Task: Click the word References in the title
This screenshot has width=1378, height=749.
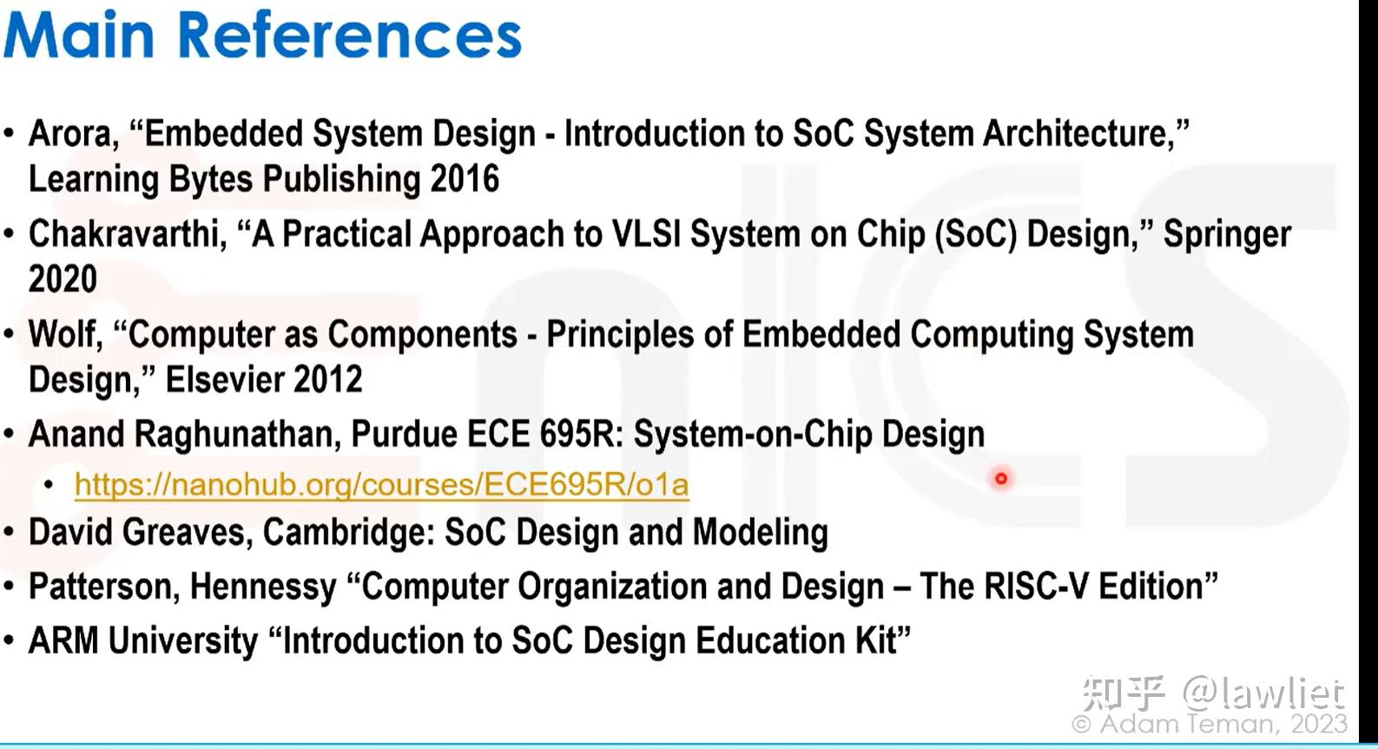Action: [350, 35]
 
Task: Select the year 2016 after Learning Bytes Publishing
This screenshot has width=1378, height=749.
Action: [465, 179]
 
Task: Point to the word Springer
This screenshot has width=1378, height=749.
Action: [1227, 235]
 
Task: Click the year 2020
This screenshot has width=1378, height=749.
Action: [63, 279]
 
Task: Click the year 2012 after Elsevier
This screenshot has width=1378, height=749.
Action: [328, 379]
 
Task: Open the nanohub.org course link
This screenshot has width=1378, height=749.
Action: [381, 484]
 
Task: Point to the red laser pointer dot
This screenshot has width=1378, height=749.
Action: [1001, 478]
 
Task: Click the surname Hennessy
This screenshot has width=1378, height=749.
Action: [263, 587]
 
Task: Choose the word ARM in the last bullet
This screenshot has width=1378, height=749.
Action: [63, 640]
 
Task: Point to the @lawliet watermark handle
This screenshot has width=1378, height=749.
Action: [1263, 693]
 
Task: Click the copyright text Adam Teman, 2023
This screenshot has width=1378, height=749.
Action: [1210, 724]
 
